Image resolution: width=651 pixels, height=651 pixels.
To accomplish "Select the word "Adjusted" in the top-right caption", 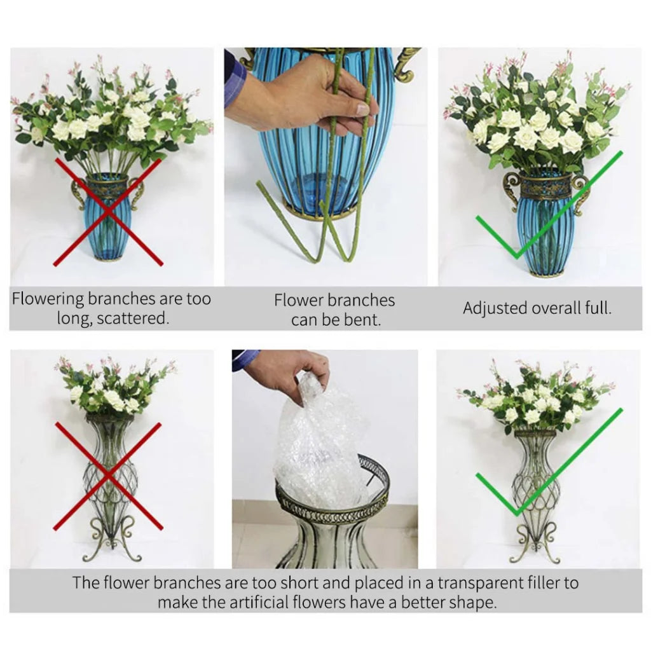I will (493, 308).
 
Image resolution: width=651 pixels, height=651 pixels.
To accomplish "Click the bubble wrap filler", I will (318, 445).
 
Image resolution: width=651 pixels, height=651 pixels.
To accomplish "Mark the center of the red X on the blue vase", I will (108, 212).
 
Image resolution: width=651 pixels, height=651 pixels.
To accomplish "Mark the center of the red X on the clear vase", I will (108, 476).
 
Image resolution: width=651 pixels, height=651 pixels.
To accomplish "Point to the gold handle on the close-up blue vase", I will (406, 64).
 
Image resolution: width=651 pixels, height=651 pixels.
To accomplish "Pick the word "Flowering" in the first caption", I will (48, 299).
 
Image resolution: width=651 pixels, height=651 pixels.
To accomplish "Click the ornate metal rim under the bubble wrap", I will (334, 502).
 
